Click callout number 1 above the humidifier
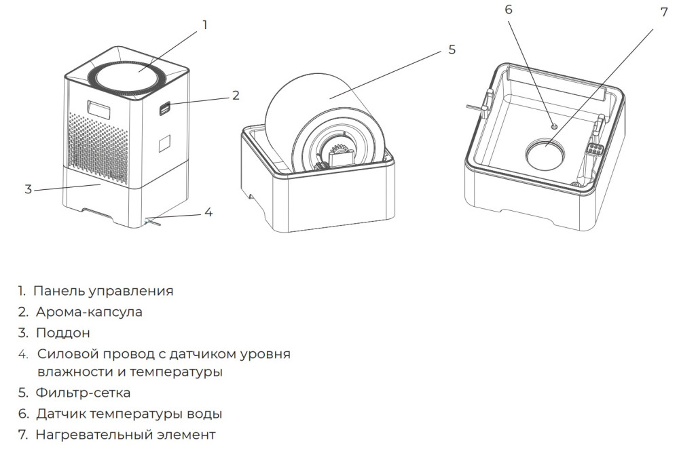204,25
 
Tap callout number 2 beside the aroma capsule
236,95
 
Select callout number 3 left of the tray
28,189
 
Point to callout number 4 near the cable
208,212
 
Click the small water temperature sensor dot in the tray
554,126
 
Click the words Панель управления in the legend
103,291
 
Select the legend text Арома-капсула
90,312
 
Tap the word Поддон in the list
63,333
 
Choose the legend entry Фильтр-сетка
84,393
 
